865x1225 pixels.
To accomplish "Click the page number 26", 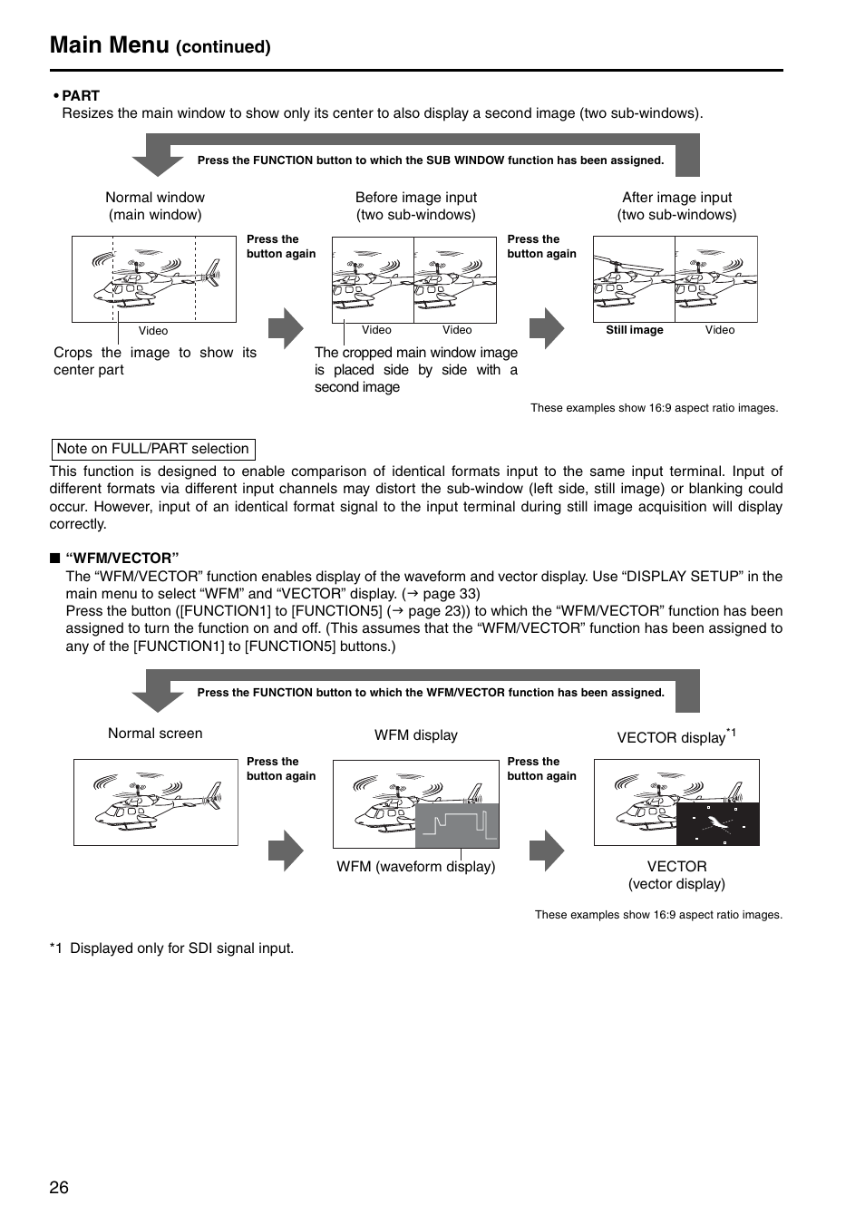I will pos(59,1188).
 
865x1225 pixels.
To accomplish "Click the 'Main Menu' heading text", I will pos(110,44).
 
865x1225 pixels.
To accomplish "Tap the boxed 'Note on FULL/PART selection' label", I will pos(152,449).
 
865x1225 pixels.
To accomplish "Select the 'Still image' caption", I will pos(634,330).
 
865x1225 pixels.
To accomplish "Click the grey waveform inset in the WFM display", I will pos(457,825).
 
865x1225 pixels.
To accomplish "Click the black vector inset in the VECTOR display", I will pos(718,823).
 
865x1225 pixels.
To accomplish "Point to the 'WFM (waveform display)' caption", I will pos(415,867).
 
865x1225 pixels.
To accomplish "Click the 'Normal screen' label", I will pos(155,734).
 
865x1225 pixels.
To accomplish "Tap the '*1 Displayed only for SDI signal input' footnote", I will pos(172,948).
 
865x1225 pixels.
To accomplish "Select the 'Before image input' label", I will pos(415,198).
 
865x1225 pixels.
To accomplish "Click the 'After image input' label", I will pos(676,198).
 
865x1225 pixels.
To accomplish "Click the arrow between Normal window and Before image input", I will pos(286,328).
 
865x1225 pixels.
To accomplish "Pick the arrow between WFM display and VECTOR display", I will pos(547,851).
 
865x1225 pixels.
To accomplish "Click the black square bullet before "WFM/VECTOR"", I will pos(54,559).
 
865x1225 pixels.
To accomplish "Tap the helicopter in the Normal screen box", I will pos(155,802).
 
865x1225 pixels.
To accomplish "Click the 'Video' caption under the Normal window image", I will pos(152,331).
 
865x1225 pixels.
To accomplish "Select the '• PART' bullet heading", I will pos(76,96).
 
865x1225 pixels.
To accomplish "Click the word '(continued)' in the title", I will pos(223,47).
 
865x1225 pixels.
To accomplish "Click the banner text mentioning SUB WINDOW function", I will pos(430,160).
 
